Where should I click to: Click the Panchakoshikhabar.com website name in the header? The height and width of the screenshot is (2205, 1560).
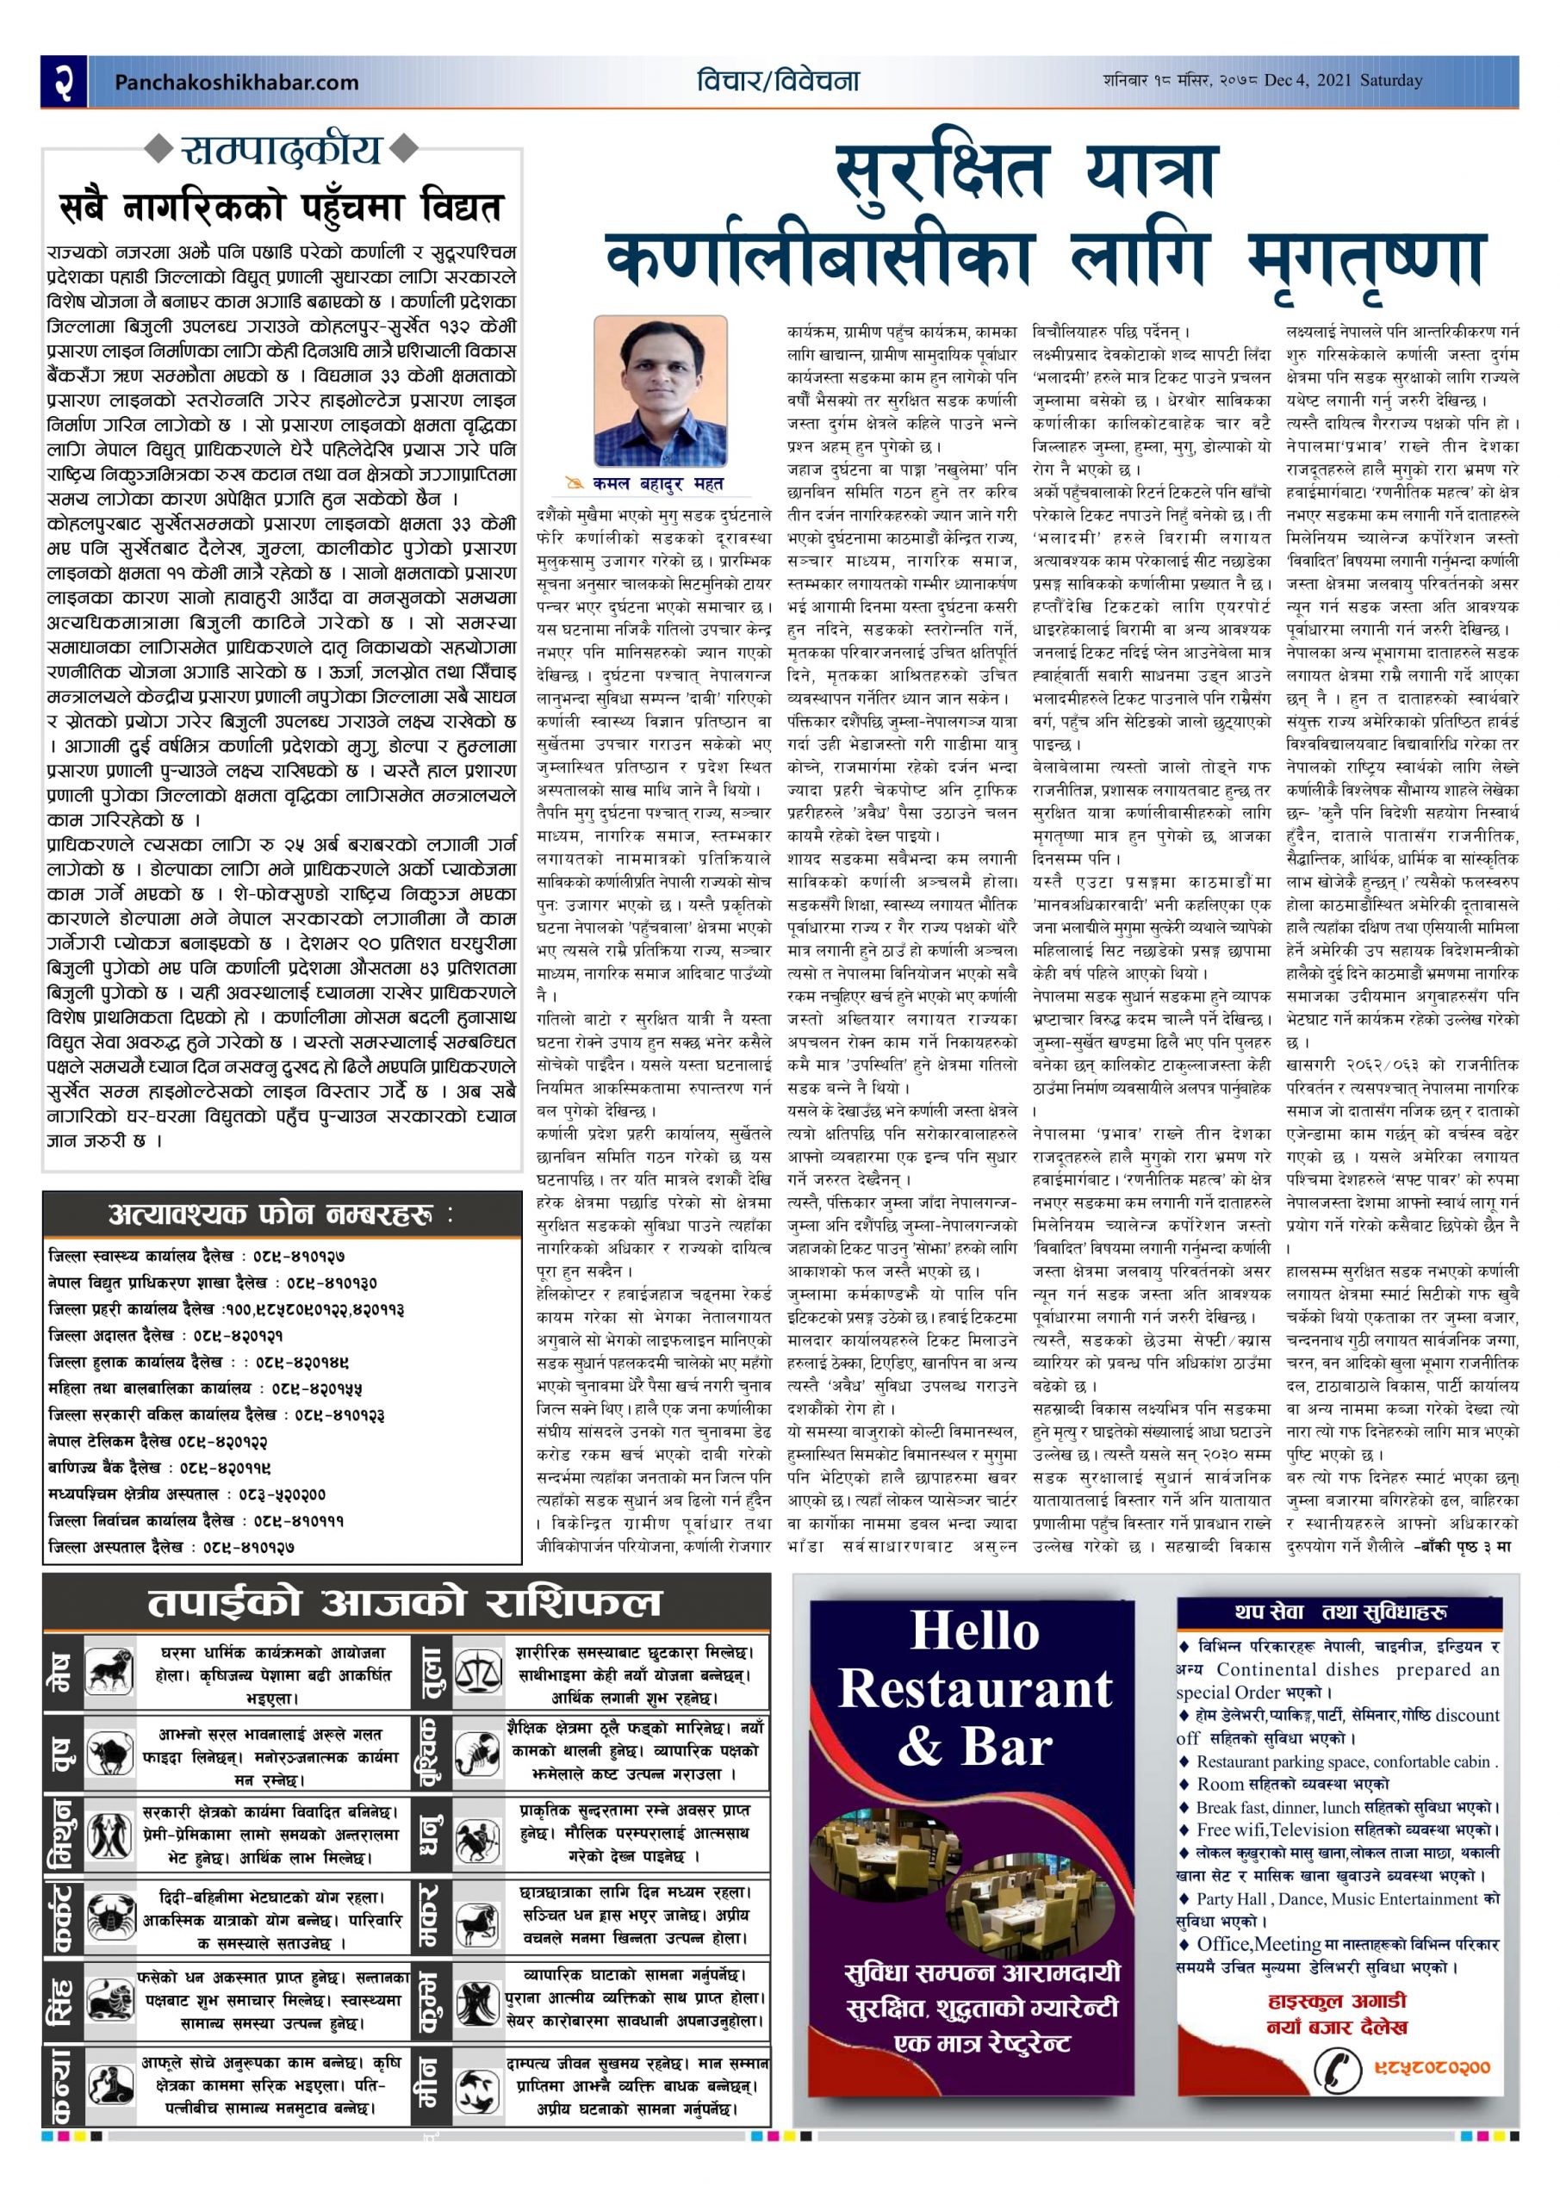pos(236,83)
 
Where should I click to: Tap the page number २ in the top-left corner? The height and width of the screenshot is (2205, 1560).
pos(65,82)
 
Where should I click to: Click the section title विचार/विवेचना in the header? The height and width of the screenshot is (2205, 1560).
pos(778,81)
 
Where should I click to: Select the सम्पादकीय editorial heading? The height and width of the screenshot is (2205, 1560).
pos(282,150)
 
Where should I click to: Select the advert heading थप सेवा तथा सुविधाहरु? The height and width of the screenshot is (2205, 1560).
pos(1340,1612)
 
